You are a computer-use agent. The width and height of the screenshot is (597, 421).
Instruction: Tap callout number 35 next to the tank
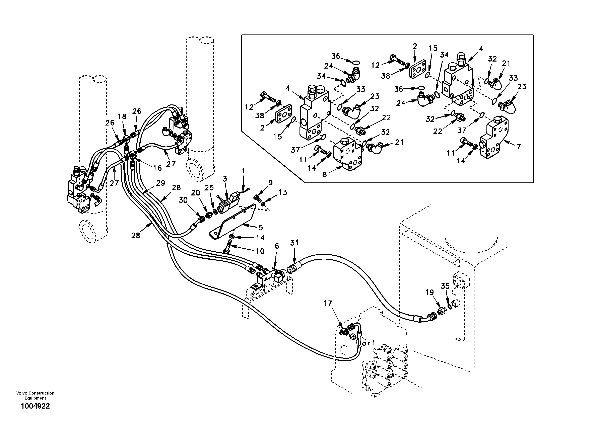pyautogui.click(x=445, y=286)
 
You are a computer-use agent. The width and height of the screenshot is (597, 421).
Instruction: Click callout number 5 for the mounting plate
pyautogui.click(x=260, y=228)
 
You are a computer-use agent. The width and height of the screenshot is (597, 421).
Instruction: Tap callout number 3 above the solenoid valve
pyautogui.click(x=225, y=179)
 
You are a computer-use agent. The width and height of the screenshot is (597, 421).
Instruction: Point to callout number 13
pyautogui.click(x=283, y=193)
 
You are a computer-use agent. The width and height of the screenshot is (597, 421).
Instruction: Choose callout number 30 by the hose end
pyautogui.click(x=183, y=200)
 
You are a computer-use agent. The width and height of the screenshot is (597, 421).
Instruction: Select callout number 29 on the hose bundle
pyautogui.click(x=160, y=183)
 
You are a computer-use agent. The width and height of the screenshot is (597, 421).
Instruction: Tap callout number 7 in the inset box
pyautogui.click(x=519, y=147)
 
